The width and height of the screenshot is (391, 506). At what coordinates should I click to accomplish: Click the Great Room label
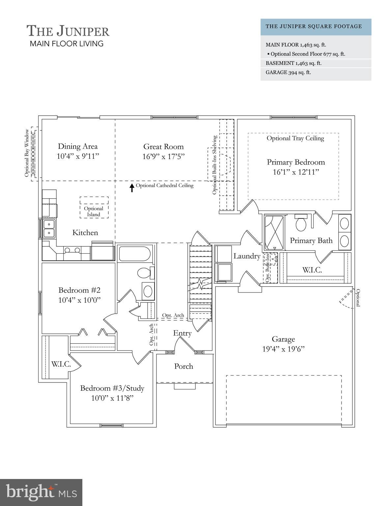click(x=163, y=147)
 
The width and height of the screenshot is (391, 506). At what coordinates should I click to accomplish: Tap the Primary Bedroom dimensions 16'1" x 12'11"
click(x=296, y=172)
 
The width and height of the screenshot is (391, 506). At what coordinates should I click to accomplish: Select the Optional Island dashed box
click(x=94, y=208)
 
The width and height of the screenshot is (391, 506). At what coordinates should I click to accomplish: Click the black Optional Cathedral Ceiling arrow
click(x=132, y=187)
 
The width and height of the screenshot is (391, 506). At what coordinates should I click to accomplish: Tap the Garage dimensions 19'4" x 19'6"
click(x=283, y=349)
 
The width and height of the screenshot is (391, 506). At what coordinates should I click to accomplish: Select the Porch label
click(x=183, y=366)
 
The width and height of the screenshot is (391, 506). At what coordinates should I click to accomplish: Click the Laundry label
click(x=247, y=256)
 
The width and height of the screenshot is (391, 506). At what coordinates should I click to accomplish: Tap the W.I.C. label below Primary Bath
click(x=312, y=270)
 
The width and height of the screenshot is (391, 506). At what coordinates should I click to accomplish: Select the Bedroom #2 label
click(x=79, y=290)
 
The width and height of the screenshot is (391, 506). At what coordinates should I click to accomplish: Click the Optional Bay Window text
click(x=27, y=153)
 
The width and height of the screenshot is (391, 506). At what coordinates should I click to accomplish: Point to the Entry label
click(x=182, y=333)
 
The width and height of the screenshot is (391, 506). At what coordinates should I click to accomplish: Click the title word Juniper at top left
click(x=82, y=31)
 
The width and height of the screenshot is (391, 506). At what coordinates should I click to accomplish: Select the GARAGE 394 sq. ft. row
click(x=288, y=72)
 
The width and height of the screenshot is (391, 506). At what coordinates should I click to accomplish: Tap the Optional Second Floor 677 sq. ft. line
click(x=308, y=54)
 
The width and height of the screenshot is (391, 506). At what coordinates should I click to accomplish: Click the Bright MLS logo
click(x=41, y=492)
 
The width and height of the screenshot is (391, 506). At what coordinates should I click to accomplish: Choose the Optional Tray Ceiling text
click(x=295, y=138)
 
